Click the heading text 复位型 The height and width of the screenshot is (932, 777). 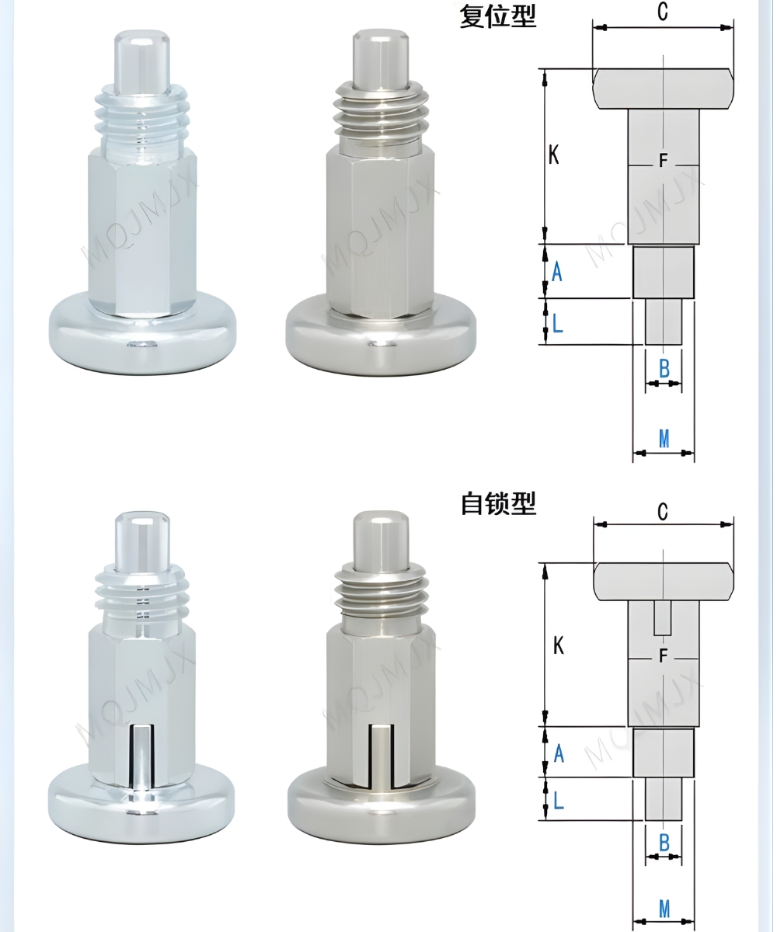coord(497,16)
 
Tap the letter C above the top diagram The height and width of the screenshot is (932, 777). coord(663,11)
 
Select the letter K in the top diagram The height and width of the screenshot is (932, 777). coord(554,155)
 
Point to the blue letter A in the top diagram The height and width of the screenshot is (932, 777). coord(556,272)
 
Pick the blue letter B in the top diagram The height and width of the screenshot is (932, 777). coord(664,369)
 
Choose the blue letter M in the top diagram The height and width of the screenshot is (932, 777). coord(664,439)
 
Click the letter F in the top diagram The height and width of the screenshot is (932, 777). coord(663,162)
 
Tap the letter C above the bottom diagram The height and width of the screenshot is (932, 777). coord(663,511)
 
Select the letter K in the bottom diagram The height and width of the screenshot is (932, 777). coord(558,645)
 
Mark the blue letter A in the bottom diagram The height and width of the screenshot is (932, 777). coord(558,753)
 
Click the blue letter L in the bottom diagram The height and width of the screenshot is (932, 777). coord(558,799)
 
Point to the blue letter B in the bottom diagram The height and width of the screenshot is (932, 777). coord(664,842)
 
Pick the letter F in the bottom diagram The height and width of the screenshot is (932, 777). coord(663,656)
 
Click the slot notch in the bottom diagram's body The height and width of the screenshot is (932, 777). coord(663,617)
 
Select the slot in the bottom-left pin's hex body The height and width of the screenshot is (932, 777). coord(141,753)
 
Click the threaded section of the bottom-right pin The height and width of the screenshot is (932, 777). coord(380,590)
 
